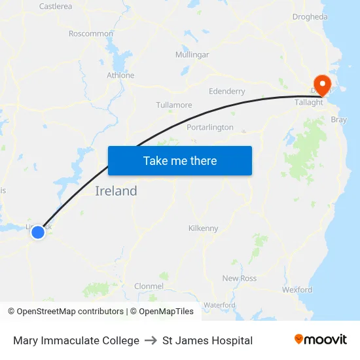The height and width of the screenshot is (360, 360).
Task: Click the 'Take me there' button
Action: [180, 160]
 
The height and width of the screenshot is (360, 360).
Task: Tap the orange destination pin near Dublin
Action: [322, 83]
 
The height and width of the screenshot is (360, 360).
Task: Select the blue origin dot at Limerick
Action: [38, 232]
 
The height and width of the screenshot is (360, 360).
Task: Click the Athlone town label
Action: [120, 75]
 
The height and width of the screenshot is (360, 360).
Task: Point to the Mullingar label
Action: [192, 55]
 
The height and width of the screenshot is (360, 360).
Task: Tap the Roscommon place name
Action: [91, 33]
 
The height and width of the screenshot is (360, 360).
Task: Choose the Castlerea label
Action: [56, 6]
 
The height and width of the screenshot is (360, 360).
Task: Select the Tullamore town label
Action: [174, 105]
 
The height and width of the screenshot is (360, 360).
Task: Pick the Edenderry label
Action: [226, 92]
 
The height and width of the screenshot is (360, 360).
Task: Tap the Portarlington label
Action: [210, 127]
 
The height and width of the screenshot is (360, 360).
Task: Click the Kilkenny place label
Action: [203, 228]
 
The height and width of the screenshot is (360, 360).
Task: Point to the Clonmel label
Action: [149, 286]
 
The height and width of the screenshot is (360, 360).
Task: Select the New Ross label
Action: [240, 278]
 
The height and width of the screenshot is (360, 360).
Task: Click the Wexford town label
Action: [297, 289]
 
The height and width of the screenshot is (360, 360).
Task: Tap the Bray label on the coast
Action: [339, 120]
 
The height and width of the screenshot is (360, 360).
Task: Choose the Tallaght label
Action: [309, 102]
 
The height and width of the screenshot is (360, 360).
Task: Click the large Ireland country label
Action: [117, 191]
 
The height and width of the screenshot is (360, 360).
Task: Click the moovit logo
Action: [321, 340]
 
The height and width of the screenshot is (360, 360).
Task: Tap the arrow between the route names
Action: [151, 340]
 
